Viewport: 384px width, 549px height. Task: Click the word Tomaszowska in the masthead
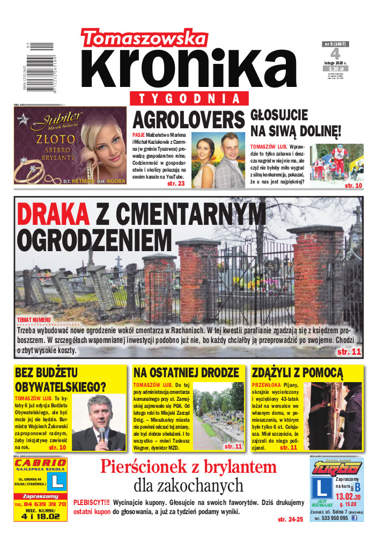coord(144,38)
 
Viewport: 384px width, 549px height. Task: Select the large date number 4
coord(335,54)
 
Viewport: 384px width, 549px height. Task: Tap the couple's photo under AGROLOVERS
coord(218,160)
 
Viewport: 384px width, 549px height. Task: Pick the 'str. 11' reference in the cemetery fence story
coord(349,352)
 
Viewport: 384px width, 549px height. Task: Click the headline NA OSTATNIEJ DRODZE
coord(186,372)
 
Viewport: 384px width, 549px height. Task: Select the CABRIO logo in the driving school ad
coord(41,463)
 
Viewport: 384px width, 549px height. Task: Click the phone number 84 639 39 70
coord(41,504)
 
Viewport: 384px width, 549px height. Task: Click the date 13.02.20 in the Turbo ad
coord(348,496)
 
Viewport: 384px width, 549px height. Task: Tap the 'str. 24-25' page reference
coord(291,519)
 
